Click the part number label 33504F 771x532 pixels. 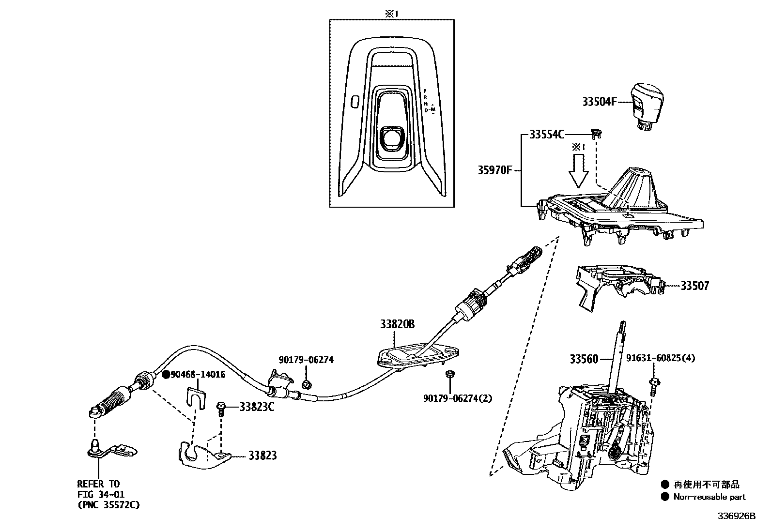point(600,102)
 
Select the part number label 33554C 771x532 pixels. point(546,135)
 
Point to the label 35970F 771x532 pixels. point(494,170)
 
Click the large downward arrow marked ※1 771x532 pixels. point(578,173)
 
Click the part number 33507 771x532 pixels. point(694,286)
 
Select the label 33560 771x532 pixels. point(584,359)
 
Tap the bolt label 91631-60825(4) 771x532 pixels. point(660,358)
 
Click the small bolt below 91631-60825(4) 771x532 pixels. point(654,387)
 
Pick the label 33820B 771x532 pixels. point(397,324)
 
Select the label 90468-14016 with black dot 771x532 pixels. point(194,374)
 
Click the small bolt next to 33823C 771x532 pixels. point(221,408)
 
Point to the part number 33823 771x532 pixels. point(262,456)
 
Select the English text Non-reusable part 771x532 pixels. point(709,497)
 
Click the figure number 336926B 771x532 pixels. point(736,516)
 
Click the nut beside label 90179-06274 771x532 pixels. point(306,385)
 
